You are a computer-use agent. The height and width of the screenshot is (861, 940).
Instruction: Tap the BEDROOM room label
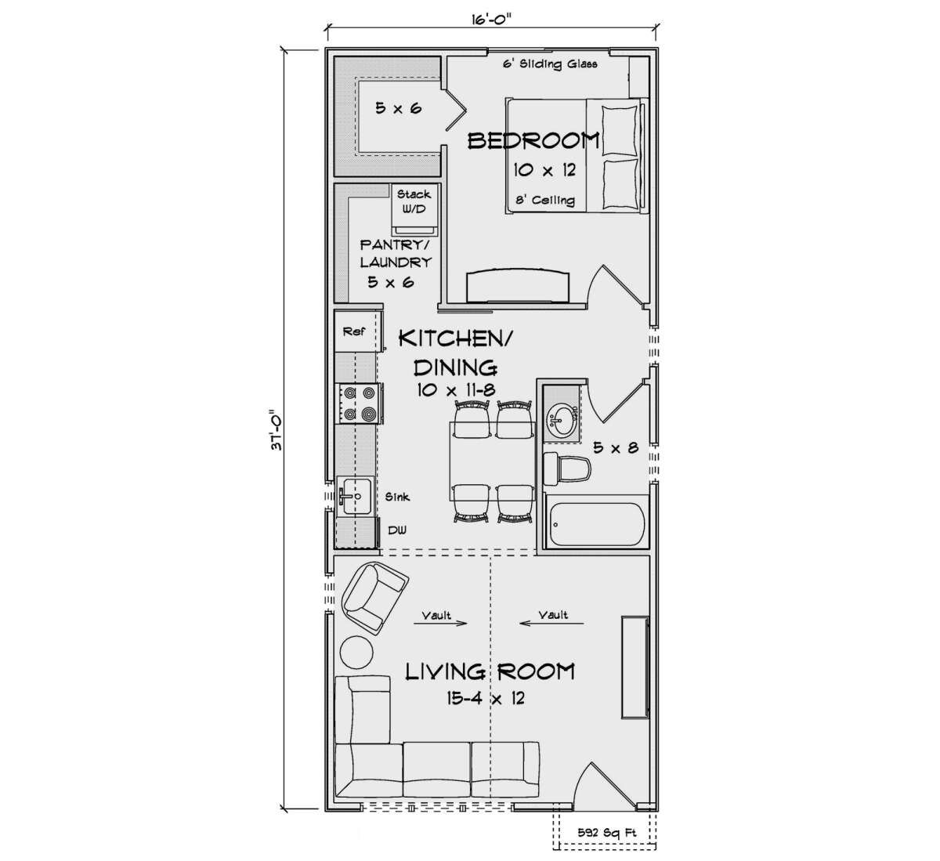533,140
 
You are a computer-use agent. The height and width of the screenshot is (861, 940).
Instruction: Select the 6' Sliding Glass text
550,63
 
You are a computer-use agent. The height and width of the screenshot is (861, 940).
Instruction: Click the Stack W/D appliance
414,210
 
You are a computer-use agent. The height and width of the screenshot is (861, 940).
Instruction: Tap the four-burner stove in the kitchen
359,403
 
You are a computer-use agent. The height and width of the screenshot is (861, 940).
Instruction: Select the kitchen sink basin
355,495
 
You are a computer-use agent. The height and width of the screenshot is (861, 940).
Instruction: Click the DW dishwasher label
397,530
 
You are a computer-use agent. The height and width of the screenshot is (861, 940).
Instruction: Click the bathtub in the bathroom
596,524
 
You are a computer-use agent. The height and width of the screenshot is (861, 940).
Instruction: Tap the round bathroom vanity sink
562,416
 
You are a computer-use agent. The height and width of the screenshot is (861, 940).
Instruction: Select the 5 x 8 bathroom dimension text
616,447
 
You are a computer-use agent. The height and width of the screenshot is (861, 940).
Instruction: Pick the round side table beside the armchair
356,652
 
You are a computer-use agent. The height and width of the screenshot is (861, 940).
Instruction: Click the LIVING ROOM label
490,671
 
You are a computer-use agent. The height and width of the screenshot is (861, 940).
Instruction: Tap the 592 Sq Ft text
607,833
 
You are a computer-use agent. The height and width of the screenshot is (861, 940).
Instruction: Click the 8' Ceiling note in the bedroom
545,200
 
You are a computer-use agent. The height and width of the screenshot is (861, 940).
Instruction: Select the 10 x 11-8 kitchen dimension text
456,390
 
